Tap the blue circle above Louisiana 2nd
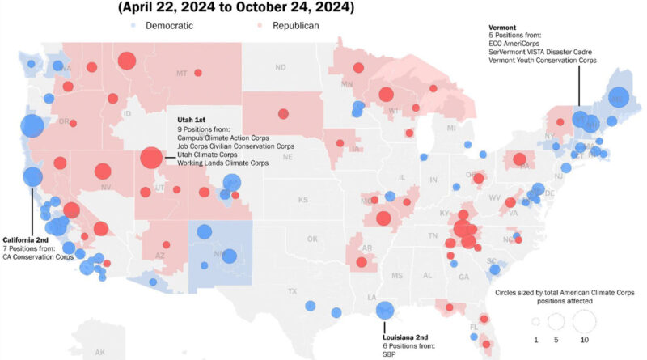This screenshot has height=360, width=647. pyautogui.click(x=386, y=311)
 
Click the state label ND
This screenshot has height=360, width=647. pyautogui.click(x=281, y=67)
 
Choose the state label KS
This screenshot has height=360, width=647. pyautogui.click(x=302, y=200)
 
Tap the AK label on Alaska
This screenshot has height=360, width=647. pyautogui.click(x=99, y=353)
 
